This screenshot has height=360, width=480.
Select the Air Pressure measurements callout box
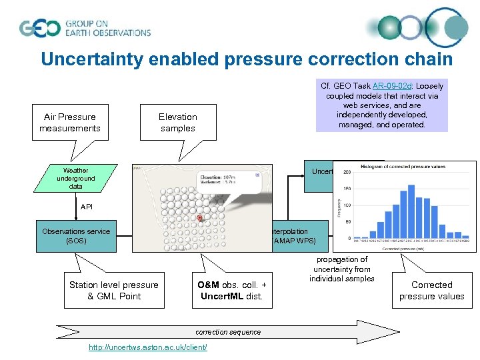[x=69, y=122]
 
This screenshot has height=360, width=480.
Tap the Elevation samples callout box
[x=177, y=122]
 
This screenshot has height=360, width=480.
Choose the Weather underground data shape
[x=76, y=179]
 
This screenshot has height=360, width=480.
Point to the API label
[x=87, y=207]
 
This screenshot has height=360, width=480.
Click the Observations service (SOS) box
[x=76, y=236]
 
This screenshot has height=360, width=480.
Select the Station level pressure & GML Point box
[x=114, y=291]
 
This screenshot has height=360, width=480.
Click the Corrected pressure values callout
[x=431, y=291]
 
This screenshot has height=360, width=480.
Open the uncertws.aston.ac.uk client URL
[x=147, y=347]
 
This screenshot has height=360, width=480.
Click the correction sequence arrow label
[x=228, y=331]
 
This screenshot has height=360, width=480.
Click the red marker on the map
[x=200, y=218]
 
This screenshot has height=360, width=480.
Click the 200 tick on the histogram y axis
[x=347, y=172]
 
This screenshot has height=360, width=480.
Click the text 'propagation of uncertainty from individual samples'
[x=342, y=269]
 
